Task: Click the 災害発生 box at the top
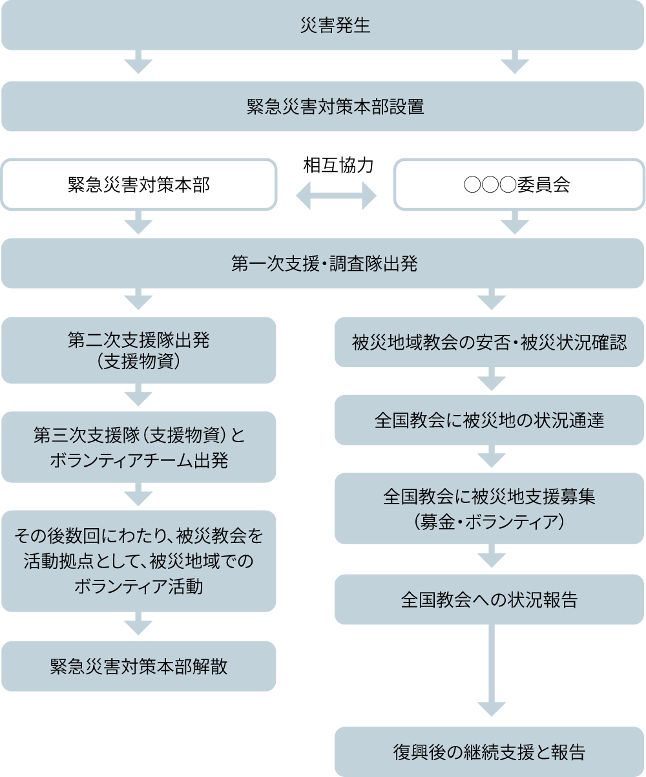coord(323,25)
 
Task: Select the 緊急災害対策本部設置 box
coord(323,106)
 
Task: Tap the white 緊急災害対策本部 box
coord(139,185)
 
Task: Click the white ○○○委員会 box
coord(519,185)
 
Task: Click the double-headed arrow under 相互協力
coord(336,195)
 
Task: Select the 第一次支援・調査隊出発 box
coord(323,263)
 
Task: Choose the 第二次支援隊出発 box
coord(139,350)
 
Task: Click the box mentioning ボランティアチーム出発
coord(139,447)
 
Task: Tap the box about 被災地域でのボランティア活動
coord(139,560)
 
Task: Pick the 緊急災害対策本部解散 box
coord(139,666)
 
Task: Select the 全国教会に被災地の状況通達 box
coord(489,420)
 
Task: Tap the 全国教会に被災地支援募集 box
coord(489,508)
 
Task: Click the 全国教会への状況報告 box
coord(489,599)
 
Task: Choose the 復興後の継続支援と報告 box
coord(489,752)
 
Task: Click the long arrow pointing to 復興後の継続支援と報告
coord(491,672)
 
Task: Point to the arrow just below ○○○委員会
coord(515,223)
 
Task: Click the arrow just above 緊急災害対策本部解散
coord(138,625)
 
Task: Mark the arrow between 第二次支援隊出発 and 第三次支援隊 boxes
coord(138,396)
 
